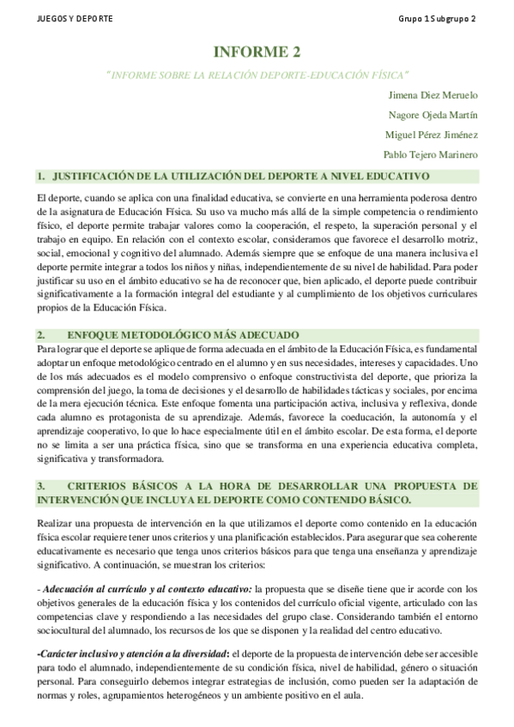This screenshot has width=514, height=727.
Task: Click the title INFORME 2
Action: (257, 52)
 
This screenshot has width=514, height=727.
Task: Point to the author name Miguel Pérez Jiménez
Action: (432, 134)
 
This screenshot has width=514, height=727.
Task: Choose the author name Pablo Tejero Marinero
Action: (430, 154)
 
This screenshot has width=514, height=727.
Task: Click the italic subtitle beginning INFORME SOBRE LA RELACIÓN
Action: (257, 75)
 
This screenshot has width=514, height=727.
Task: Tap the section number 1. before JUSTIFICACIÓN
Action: (40, 177)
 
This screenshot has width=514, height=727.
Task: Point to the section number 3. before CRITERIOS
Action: (40, 485)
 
